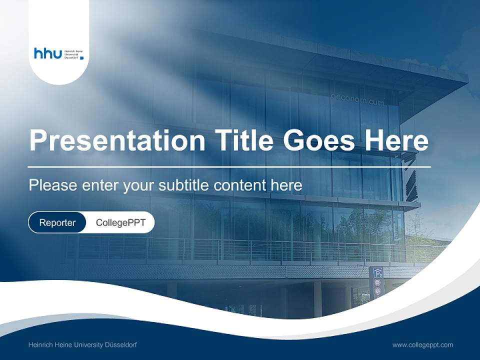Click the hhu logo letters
pyautogui.click(x=47, y=53)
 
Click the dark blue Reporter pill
pyautogui.click(x=57, y=222)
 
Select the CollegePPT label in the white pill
pyautogui.click(x=120, y=222)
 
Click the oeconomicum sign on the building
pyautogui.click(x=357, y=99)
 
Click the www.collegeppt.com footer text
pyautogui.click(x=422, y=344)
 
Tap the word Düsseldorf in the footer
pyautogui.click(x=120, y=344)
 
